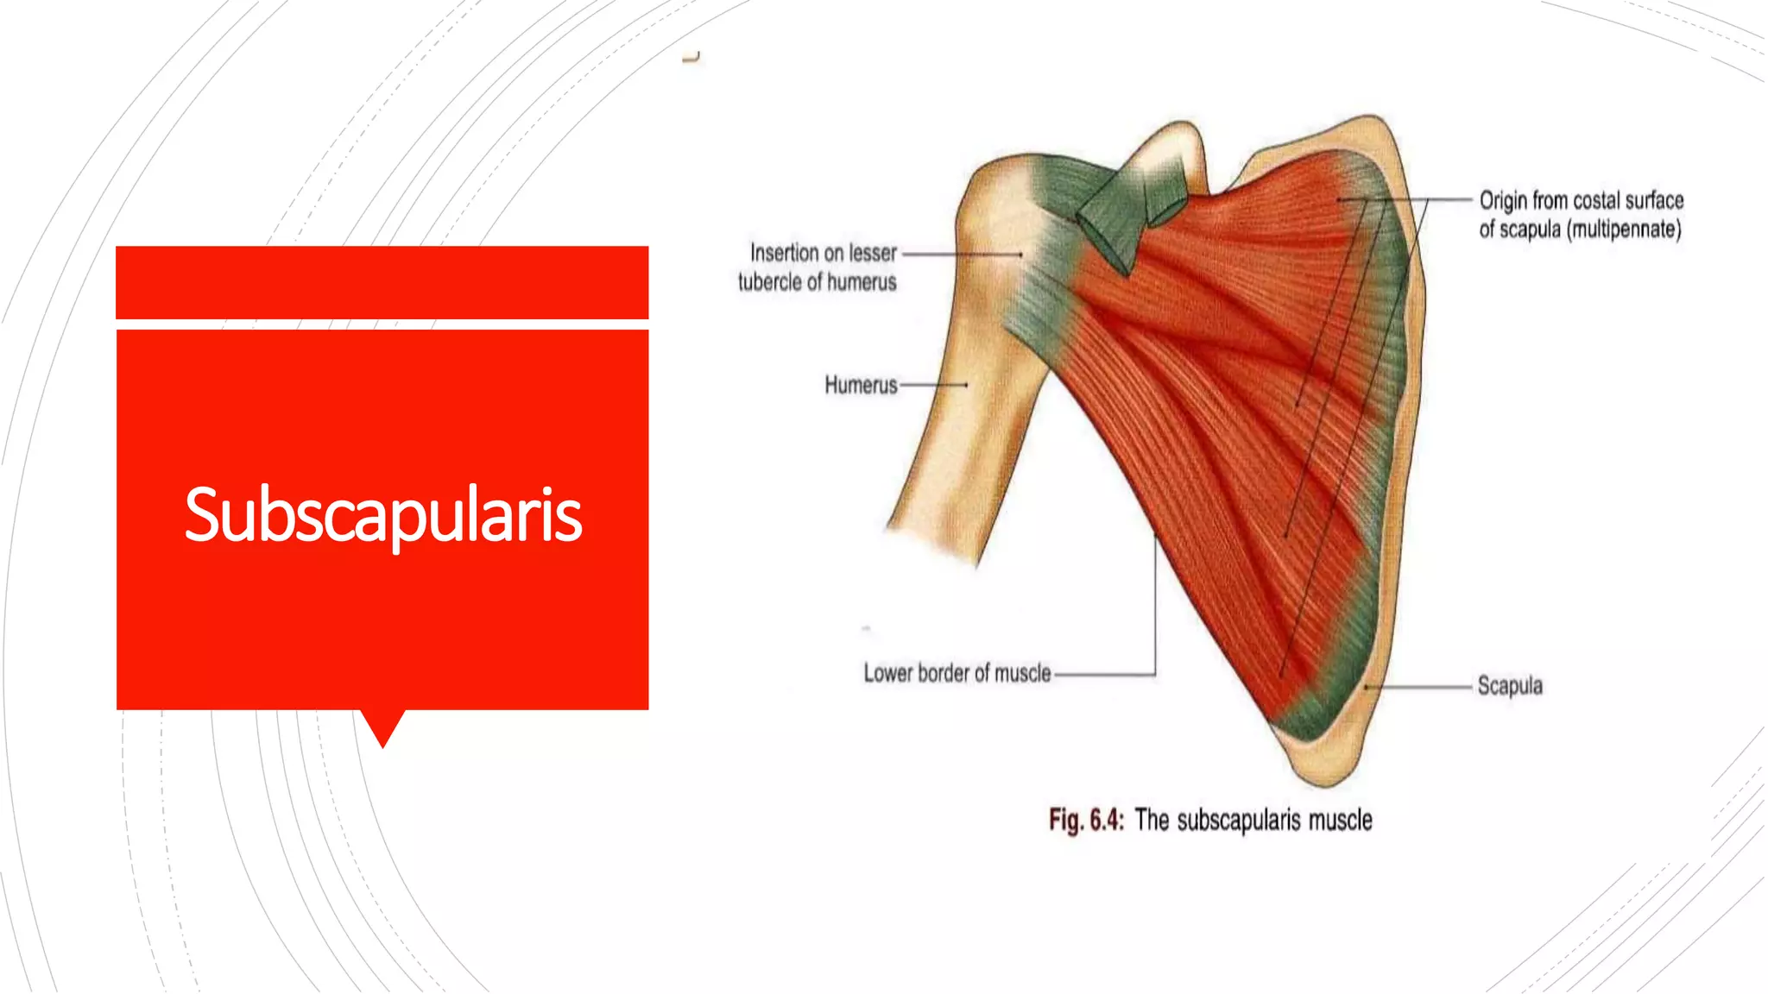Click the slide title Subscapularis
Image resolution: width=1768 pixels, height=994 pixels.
click(383, 515)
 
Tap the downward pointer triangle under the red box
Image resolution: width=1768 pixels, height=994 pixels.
click(382, 727)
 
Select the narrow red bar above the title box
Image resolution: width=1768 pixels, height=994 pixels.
click(382, 282)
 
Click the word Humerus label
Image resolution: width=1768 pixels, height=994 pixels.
click(861, 385)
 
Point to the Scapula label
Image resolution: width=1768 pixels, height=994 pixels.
click(1509, 686)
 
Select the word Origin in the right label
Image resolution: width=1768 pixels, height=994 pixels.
click(1503, 200)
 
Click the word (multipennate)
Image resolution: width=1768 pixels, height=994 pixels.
click(1624, 230)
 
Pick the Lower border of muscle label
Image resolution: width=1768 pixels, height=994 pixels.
click(957, 673)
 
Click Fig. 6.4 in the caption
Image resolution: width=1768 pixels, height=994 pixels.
click(1086, 820)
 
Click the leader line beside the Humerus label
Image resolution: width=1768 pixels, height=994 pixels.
click(932, 385)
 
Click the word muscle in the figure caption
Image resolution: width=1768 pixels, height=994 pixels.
click(1340, 820)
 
